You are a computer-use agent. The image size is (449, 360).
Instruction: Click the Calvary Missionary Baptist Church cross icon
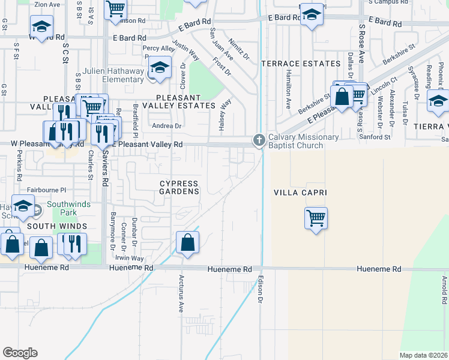[259, 140]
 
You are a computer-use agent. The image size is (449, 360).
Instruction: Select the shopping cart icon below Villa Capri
[316, 217]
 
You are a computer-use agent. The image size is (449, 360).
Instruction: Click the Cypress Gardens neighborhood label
[179, 187]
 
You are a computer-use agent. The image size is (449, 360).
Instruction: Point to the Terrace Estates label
[292, 63]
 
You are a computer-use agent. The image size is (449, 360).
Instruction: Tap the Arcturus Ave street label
[181, 294]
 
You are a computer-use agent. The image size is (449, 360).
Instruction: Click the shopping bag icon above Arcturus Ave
[188, 243]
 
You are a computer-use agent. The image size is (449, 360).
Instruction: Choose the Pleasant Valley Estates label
[185, 101]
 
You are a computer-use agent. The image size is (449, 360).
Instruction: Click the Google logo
[20, 353]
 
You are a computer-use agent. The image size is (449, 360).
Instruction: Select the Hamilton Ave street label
[288, 88]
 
